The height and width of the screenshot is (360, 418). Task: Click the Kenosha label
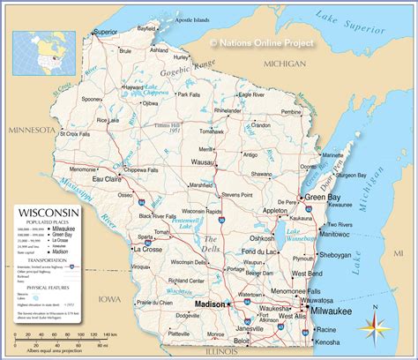coord(329,341)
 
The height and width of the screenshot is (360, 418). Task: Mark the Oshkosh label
coord(263,237)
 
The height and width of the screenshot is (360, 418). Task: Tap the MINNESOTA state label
coord(32,130)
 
